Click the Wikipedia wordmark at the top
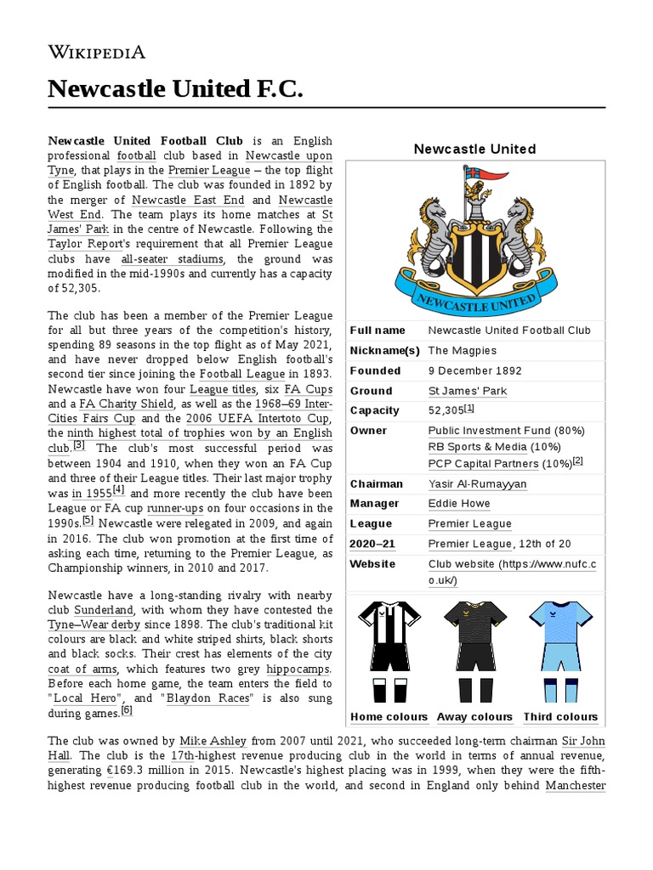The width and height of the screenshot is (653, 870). coord(96,52)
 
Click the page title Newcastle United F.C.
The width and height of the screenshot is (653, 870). coord(175,88)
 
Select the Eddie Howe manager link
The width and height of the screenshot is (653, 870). coord(458,504)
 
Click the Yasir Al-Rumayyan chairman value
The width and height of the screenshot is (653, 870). coord(477,484)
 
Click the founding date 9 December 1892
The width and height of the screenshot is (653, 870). coord(475,370)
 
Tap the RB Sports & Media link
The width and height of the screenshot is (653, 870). coord(477,447)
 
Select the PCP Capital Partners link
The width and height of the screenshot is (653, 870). coord(483,464)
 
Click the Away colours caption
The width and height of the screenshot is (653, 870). coord(474,717)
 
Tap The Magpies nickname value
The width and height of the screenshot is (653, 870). coord(462,350)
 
